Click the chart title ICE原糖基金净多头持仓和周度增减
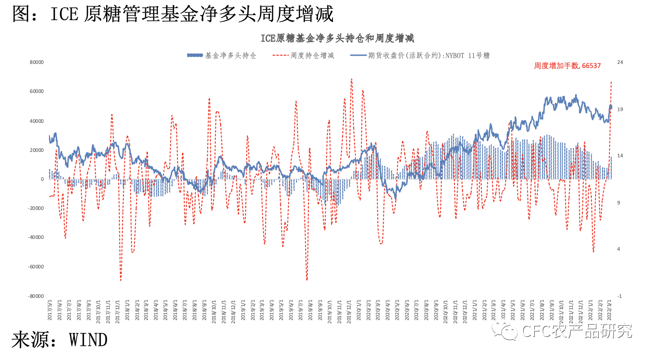tap(337, 38)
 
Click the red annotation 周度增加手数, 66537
tap(567, 66)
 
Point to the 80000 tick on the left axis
tap(36, 62)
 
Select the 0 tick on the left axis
tap(42, 179)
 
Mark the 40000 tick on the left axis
tap(36, 121)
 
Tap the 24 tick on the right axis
tap(620, 62)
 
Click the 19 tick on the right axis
tap(620, 109)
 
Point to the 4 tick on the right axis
tap(619, 249)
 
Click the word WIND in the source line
tap(88, 340)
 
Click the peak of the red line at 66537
tap(611, 82)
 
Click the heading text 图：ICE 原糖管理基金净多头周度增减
tap(172, 14)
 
